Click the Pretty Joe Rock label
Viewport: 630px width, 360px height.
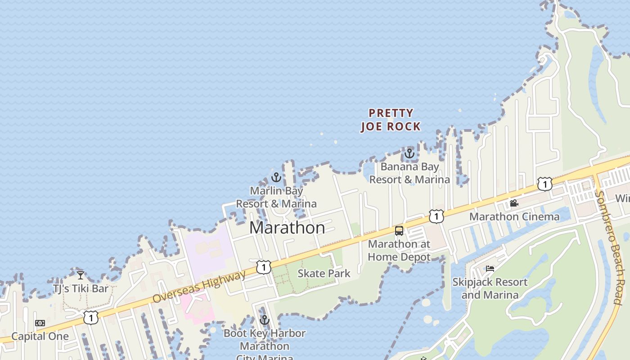click(391, 120)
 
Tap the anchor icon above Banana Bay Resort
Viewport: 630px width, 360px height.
click(409, 154)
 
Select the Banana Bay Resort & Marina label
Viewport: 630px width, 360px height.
click(409, 173)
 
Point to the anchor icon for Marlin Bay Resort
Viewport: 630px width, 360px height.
click(276, 177)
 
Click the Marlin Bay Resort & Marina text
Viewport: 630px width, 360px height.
click(276, 197)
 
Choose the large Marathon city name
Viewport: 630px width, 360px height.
click(287, 228)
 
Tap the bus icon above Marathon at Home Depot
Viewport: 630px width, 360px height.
click(399, 231)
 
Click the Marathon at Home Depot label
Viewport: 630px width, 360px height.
click(399, 251)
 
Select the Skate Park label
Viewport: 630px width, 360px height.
click(324, 273)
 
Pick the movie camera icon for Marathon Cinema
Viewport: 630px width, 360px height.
click(514, 203)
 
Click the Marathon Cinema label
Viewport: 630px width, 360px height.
click(514, 216)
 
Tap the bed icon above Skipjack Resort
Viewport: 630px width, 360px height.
click(490, 269)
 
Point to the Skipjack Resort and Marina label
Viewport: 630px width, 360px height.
click(490, 288)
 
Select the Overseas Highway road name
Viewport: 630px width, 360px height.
click(199, 286)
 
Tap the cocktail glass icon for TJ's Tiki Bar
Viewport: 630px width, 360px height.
click(81, 275)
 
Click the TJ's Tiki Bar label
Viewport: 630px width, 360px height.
click(81, 288)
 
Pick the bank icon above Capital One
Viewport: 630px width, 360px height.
click(40, 323)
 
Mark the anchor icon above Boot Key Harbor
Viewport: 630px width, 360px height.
click(264, 320)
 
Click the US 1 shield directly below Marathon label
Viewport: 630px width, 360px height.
click(264, 267)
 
